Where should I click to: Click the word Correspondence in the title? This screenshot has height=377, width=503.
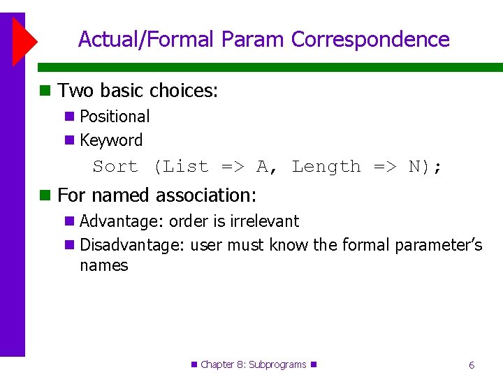coord(370,40)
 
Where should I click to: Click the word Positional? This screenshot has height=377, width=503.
coord(115,117)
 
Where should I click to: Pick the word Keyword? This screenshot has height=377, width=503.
coord(111,140)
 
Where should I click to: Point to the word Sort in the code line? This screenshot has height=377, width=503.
coord(115,167)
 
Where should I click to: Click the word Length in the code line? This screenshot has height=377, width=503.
coord(326,167)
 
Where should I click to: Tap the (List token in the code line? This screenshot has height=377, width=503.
coord(181,167)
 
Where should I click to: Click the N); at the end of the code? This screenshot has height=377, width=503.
coord(425,167)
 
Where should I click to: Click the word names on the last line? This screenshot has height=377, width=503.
coord(104,265)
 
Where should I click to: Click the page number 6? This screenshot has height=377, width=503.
coord(472,365)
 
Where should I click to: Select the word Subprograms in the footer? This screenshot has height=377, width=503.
coord(277,364)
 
